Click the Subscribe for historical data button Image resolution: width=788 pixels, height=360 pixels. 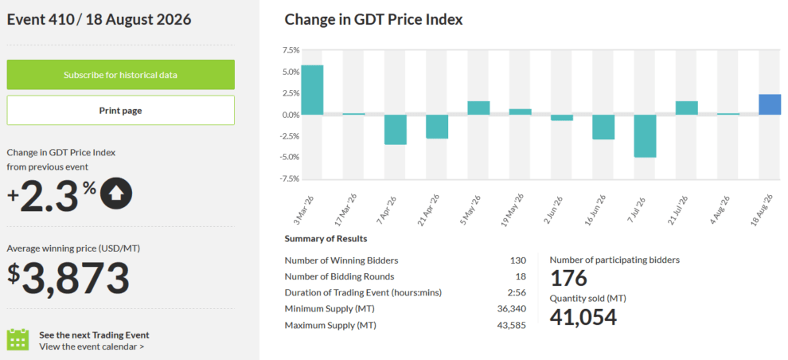click(x=121, y=75)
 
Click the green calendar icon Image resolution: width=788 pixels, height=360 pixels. click(x=18, y=339)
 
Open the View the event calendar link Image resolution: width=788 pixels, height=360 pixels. click(x=92, y=346)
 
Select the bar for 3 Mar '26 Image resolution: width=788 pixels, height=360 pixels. click(x=312, y=90)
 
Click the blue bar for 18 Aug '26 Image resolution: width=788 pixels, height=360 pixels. click(x=770, y=104)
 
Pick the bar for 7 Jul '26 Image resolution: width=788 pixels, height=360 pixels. click(x=645, y=135)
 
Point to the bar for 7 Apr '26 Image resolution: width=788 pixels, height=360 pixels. click(x=396, y=130)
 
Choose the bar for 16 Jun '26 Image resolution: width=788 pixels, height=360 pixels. click(x=603, y=127)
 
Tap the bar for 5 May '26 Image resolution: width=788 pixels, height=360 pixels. click(x=478, y=108)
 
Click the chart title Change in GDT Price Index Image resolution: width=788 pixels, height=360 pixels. click(x=373, y=20)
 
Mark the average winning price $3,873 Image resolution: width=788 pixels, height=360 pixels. click(x=68, y=277)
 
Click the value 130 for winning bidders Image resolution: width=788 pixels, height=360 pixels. click(x=517, y=260)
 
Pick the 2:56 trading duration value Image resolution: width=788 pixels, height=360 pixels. click(x=517, y=292)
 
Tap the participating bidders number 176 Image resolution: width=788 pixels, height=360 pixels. click(x=569, y=278)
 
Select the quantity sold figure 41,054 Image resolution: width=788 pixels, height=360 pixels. click(x=583, y=317)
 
